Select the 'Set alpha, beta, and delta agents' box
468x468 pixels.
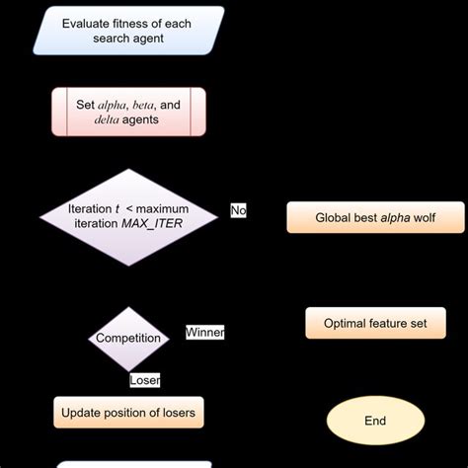128,112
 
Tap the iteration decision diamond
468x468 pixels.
128,216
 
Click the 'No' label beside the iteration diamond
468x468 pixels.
238,210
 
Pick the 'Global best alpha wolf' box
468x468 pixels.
375,217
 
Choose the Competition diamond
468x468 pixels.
128,338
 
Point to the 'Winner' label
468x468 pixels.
204,333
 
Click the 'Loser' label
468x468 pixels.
144,379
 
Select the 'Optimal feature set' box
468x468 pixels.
375,323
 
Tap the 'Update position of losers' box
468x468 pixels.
128,413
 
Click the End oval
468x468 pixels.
375,421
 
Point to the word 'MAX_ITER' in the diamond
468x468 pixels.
153,224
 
